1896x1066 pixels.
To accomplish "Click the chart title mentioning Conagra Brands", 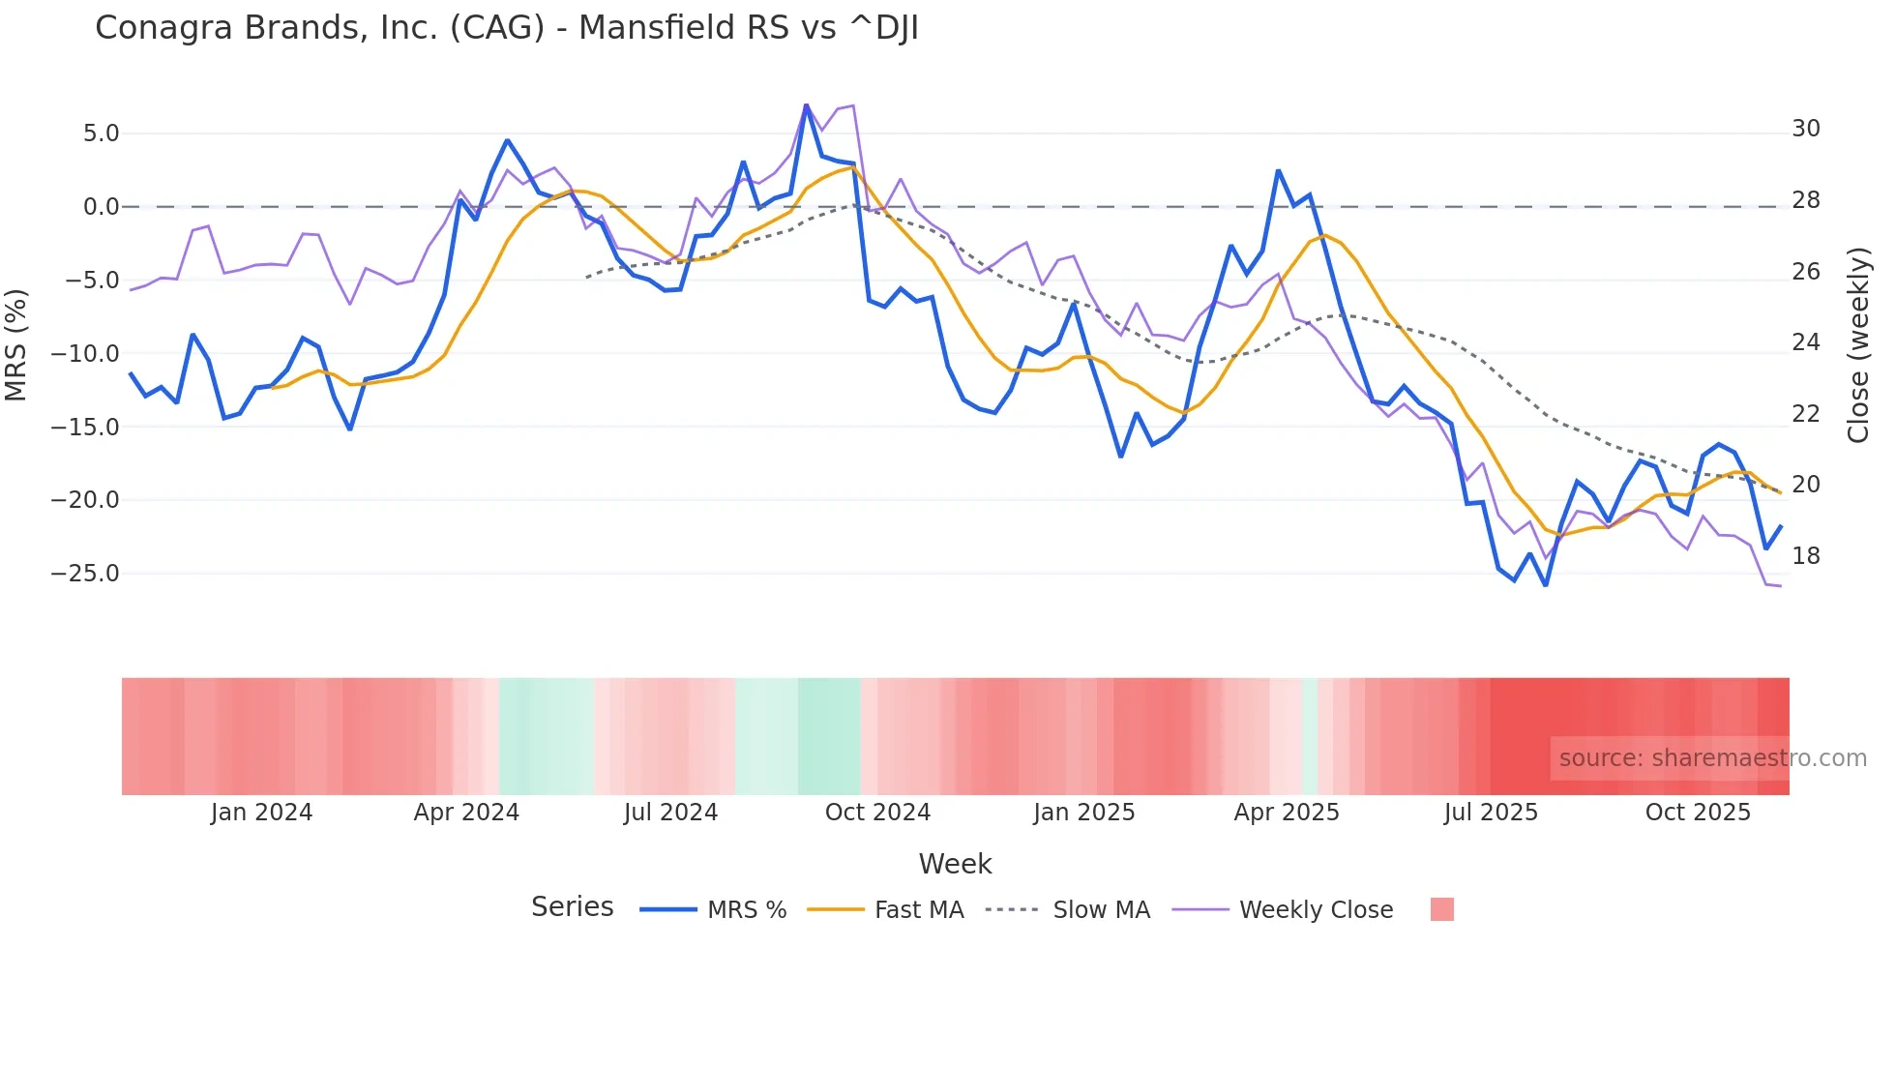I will [x=506, y=28].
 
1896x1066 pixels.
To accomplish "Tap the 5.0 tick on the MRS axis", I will [x=101, y=133].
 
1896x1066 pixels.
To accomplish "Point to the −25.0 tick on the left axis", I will [x=85, y=574].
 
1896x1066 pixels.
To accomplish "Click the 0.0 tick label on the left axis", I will [x=101, y=207].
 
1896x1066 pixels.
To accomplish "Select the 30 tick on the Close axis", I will [x=1806, y=129].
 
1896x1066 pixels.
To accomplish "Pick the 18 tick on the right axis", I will [x=1806, y=556].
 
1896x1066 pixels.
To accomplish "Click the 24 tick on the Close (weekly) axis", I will [x=1806, y=342].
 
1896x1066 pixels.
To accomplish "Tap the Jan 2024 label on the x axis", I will [x=261, y=813].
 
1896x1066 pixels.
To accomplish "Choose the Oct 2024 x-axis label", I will [x=877, y=813].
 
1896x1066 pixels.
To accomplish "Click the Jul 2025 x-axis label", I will [x=1491, y=813].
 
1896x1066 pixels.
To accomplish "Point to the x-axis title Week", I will [x=955, y=864].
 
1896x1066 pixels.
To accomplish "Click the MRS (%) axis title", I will [x=16, y=345].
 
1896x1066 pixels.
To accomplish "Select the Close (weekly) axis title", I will [x=1858, y=345].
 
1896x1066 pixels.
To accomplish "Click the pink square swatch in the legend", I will [x=1441, y=909].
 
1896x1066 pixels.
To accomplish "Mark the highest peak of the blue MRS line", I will [x=806, y=105].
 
